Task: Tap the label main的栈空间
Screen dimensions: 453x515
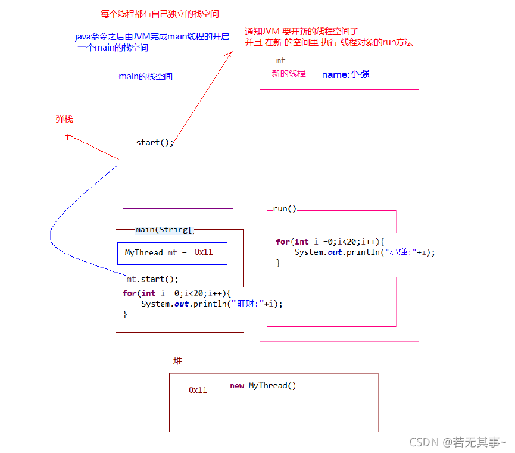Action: pos(146,77)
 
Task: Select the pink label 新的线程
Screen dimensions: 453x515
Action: pos(289,74)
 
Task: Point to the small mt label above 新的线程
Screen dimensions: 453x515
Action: pos(280,61)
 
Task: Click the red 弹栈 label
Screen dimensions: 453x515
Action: pos(64,120)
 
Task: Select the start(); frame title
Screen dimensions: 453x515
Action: pos(155,143)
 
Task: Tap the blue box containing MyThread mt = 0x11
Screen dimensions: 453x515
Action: pos(172,253)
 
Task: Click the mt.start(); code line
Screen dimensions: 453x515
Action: pos(152,279)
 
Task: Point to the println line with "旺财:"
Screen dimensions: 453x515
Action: pos(211,304)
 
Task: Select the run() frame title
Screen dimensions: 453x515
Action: pos(285,210)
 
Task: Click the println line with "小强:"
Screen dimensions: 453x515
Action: pos(364,252)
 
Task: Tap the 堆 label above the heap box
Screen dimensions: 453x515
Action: pos(177,361)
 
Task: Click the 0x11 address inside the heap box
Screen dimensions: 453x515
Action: pos(198,390)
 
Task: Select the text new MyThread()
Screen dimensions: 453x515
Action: pos(263,386)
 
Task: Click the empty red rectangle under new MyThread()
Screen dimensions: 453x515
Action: pos(285,412)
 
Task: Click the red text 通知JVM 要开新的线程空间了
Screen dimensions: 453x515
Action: pos(301,31)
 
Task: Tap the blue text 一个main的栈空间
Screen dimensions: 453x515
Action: pos(113,48)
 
